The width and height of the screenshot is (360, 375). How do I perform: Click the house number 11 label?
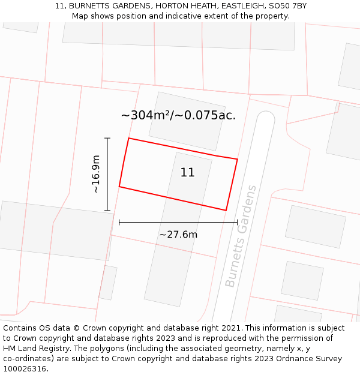pyautogui.click(x=187, y=173)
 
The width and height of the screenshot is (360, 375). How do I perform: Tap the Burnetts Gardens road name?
pyautogui.click(x=241, y=236)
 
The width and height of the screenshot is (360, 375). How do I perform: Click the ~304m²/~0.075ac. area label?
pyautogui.click(x=178, y=115)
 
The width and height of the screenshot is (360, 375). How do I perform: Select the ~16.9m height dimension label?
pyautogui.click(x=95, y=174)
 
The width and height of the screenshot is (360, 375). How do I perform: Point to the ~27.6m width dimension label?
pyautogui.click(x=178, y=235)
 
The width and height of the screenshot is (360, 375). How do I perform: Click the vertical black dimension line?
pyautogui.click(x=108, y=174)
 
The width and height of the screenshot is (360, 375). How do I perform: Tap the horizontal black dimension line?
pyautogui.click(x=178, y=223)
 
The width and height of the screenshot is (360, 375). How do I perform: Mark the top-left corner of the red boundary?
pyautogui.click(x=129, y=139)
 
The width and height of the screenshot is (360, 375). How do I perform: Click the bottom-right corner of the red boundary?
pyautogui.click(x=226, y=210)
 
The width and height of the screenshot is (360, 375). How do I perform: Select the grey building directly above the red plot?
pyautogui.click(x=187, y=121)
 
